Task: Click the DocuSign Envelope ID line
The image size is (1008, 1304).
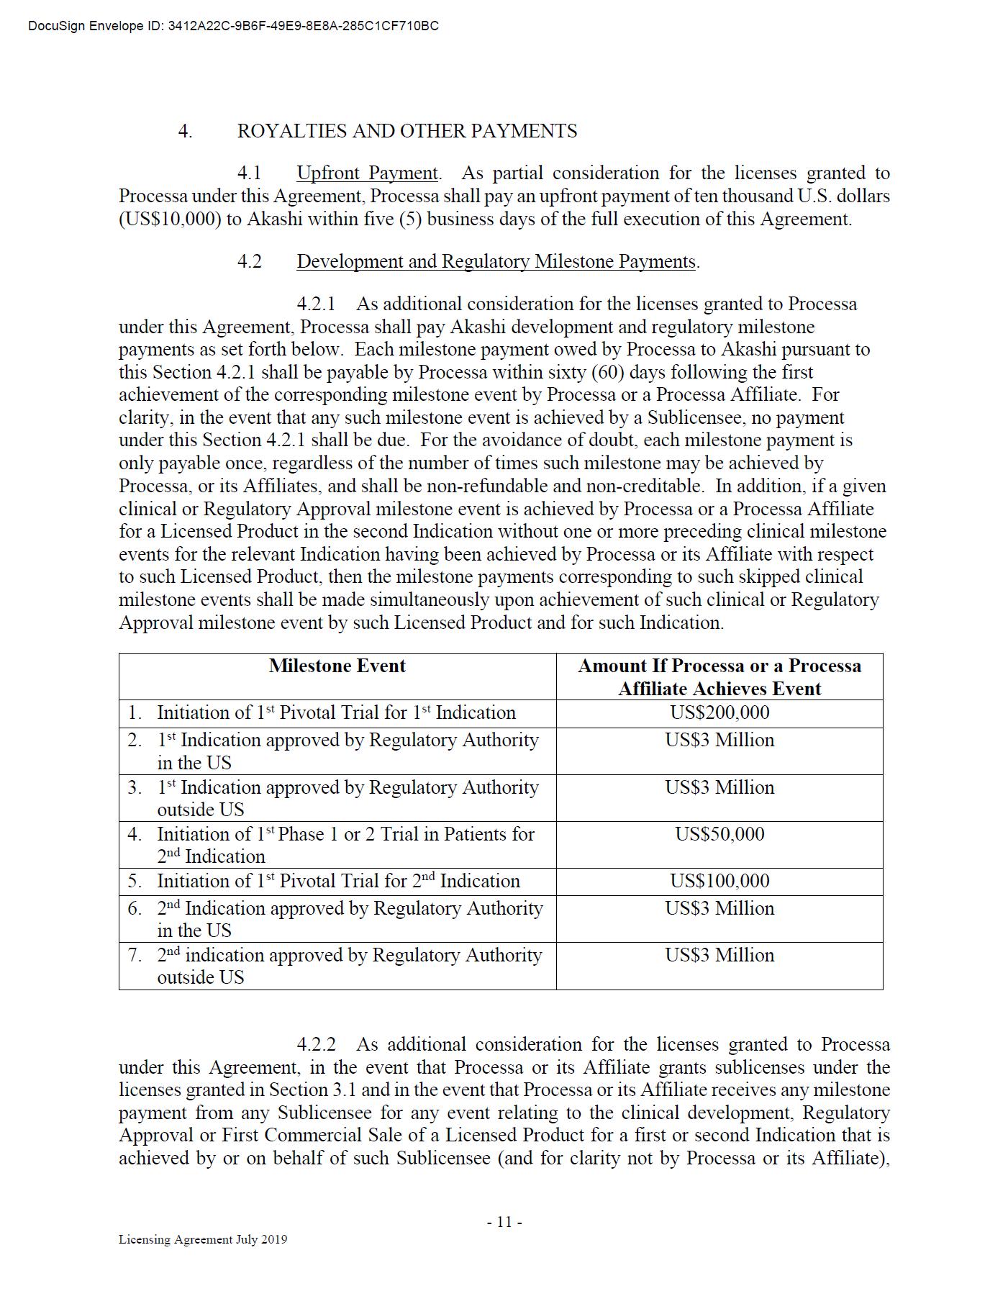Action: [x=233, y=27]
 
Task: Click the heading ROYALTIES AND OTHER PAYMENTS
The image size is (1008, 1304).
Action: [x=407, y=131]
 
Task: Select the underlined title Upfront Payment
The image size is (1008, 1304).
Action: [x=367, y=173]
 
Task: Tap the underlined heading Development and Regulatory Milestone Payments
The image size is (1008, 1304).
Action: [x=496, y=262]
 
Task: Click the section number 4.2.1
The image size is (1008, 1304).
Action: [x=316, y=304]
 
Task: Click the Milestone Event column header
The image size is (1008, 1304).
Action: [x=337, y=666]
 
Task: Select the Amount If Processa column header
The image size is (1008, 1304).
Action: [x=719, y=677]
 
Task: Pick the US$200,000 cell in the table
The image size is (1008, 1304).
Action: [x=719, y=713]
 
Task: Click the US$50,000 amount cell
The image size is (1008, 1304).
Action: [x=719, y=835]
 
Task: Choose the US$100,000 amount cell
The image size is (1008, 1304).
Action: [x=719, y=882]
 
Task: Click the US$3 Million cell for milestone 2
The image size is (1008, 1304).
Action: [x=719, y=741]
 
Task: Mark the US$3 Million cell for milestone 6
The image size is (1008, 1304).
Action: [x=719, y=909]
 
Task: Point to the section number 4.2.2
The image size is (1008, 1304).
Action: [x=316, y=1045]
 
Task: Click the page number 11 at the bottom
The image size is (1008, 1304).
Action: [x=504, y=1222]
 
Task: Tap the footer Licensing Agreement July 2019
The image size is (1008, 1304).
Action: [x=203, y=1239]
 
